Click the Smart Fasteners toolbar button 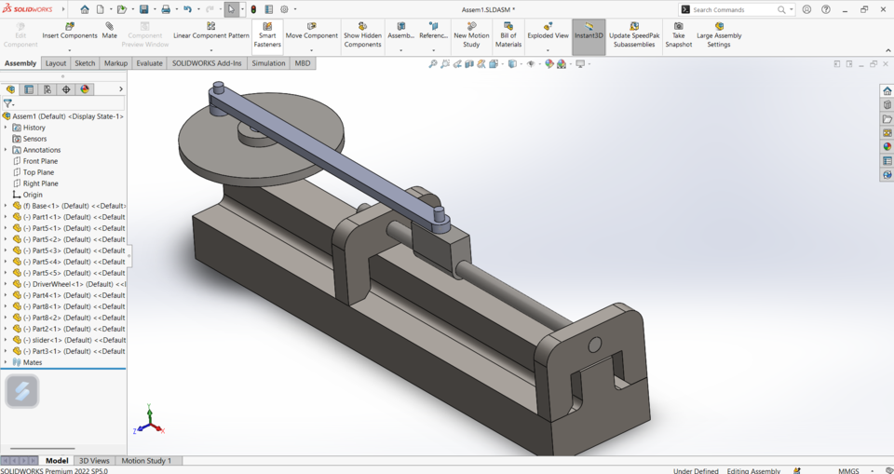tap(267, 35)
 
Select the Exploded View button tap(548, 35)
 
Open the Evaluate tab tap(149, 63)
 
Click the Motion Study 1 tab tap(146, 461)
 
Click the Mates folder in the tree tap(32, 362)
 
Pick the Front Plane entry tap(40, 161)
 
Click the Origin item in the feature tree tap(33, 195)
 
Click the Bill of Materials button tap(508, 35)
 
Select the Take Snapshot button tap(678, 35)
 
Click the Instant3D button tap(589, 35)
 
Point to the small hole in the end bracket tap(595, 345)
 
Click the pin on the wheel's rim tap(217, 90)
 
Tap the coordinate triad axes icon tap(149, 421)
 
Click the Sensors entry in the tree tap(34, 139)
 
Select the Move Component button tap(311, 35)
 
